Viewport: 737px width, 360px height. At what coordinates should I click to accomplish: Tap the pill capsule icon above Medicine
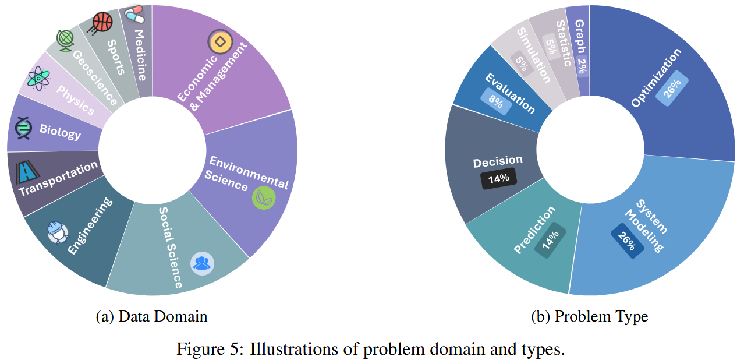click(x=134, y=14)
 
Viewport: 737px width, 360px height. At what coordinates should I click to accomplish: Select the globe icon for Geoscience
click(x=65, y=39)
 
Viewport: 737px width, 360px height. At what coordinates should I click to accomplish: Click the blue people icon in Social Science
click(x=202, y=263)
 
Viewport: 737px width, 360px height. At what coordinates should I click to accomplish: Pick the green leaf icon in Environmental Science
click(x=263, y=198)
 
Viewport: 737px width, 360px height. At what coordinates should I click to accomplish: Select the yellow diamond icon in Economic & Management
click(x=219, y=42)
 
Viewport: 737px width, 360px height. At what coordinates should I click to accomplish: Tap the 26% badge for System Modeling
click(x=628, y=241)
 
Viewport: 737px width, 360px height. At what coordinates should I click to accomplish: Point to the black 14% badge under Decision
click(x=498, y=178)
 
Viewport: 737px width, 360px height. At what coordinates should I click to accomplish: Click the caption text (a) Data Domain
click(x=151, y=316)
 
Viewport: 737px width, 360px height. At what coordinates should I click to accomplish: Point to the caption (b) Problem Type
click(x=589, y=316)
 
